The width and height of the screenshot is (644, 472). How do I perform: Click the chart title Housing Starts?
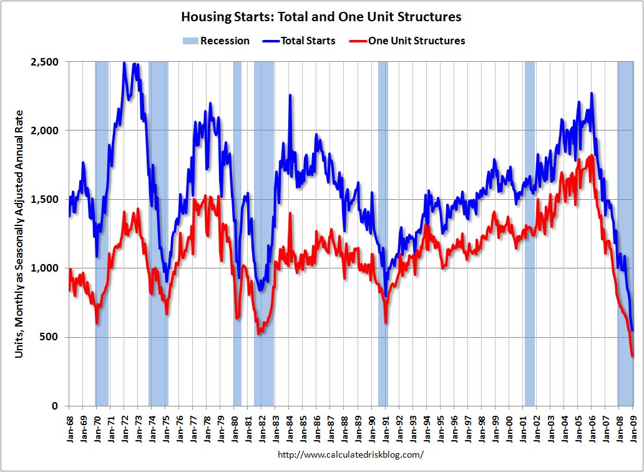(321, 16)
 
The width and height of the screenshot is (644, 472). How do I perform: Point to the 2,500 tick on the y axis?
(44, 62)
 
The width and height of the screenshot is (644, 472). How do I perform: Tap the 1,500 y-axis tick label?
(44, 199)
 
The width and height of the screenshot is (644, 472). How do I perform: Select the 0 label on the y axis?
(54, 406)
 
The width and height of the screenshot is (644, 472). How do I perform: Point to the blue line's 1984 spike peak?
(290, 96)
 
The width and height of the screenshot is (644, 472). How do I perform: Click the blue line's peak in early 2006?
(591, 94)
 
